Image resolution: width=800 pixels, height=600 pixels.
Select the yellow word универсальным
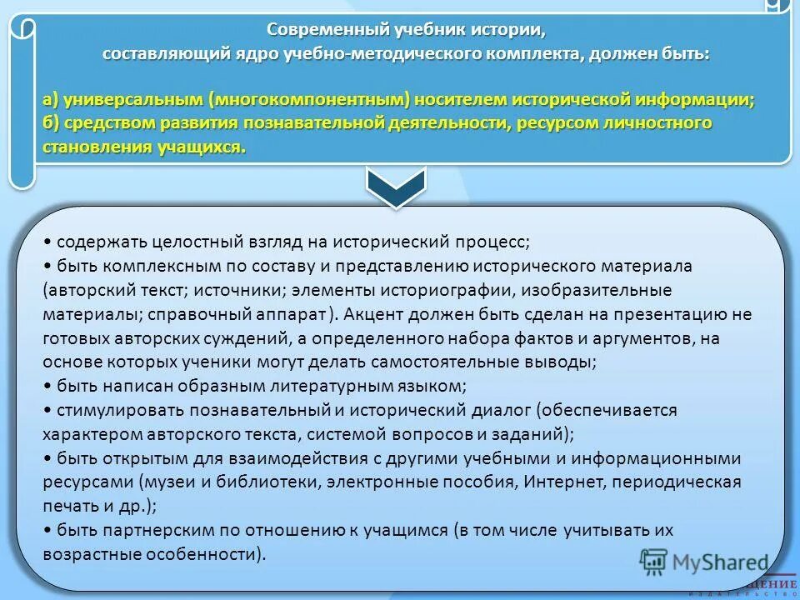click(x=131, y=100)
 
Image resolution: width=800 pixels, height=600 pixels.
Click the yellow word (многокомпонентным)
click(x=311, y=100)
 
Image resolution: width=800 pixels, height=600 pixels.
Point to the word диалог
click(x=502, y=411)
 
